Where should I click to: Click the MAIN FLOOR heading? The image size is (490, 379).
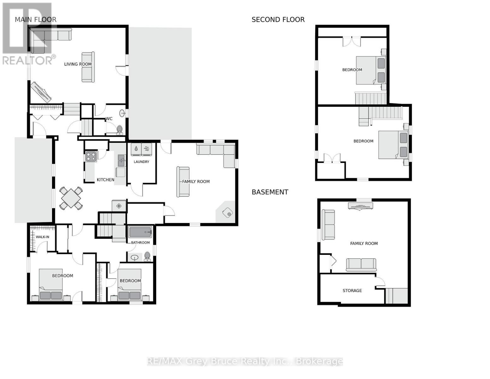point(35,20)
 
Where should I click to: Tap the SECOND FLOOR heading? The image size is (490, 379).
point(278,20)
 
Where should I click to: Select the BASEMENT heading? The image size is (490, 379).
point(270,192)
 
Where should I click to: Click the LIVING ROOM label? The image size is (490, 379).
point(78,64)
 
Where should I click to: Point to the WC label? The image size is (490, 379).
point(109,119)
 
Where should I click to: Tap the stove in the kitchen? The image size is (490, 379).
point(91,156)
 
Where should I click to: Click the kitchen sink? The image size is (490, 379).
point(121,160)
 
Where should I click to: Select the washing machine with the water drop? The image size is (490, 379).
point(136,149)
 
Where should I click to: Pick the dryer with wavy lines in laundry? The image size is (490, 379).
point(147,149)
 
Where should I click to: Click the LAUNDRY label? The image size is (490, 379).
point(141,162)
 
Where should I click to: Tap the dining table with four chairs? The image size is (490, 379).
point(71,198)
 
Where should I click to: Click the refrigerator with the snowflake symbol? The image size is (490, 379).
point(119,206)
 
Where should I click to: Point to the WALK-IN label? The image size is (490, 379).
point(42,237)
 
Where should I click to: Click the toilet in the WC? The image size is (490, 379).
point(119,130)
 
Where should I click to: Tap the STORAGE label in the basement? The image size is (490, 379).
point(352,291)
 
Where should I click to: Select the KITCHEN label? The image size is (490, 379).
point(105,180)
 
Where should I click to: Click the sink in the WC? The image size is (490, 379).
point(122,113)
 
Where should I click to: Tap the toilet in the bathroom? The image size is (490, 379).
point(147,256)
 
